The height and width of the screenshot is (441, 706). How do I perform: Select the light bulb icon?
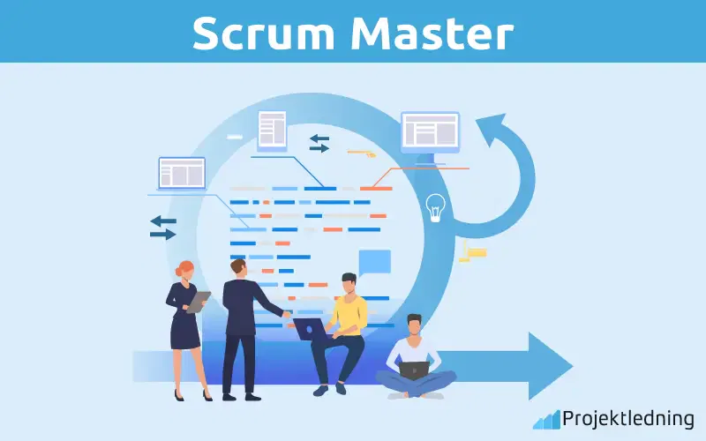coord(435,206)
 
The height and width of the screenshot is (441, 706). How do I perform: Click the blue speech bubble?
coord(374,262)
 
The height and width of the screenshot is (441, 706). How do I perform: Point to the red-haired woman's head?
coord(185,269)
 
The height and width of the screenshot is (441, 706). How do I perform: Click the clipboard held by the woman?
coord(199,302)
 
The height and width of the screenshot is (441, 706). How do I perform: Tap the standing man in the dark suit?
coord(239,326)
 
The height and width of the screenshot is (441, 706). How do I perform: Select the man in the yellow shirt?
coord(344,326)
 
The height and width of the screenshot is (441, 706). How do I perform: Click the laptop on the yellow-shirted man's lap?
coord(309,329)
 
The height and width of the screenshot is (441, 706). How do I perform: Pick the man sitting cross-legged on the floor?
coord(415,357)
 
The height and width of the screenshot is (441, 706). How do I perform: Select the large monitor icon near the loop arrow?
coord(430,132)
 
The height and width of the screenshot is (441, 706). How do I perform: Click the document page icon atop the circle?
coord(272,130)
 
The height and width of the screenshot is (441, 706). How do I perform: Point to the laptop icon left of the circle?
coord(182,174)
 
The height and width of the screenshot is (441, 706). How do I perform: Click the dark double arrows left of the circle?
coord(162,228)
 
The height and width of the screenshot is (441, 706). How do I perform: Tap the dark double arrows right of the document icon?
coord(319,143)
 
